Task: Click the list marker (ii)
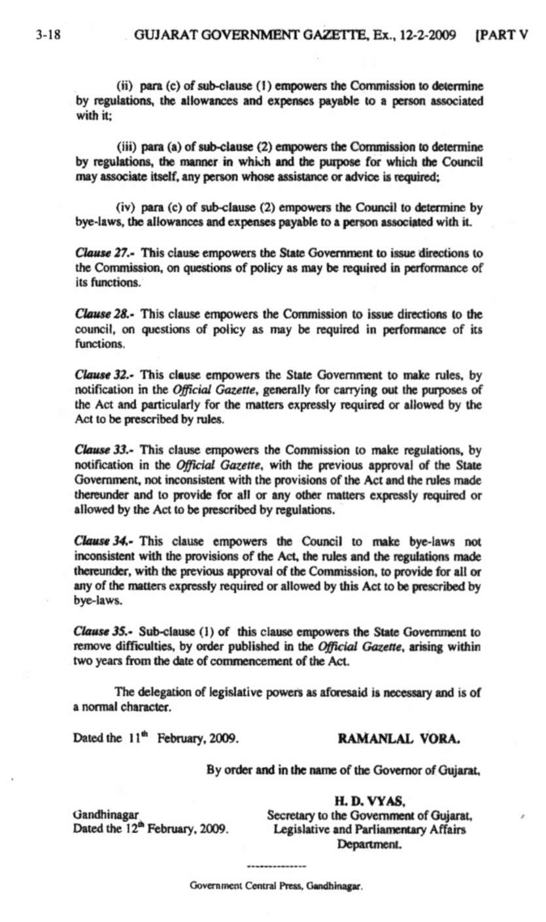pyautogui.click(x=125, y=88)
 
